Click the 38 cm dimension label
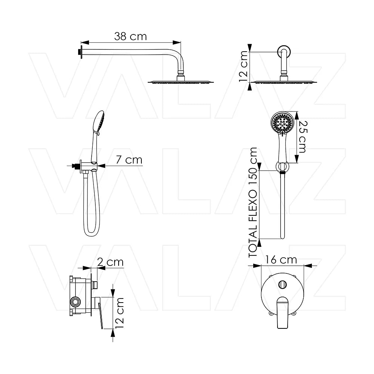(x=130, y=37)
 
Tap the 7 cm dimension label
(x=129, y=160)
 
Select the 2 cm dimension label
(x=110, y=262)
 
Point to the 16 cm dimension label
(x=281, y=260)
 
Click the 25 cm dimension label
(x=303, y=137)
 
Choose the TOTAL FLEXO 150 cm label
(x=253, y=202)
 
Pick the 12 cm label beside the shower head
(x=244, y=66)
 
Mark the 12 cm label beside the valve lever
(x=119, y=313)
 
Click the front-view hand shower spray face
(x=282, y=123)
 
